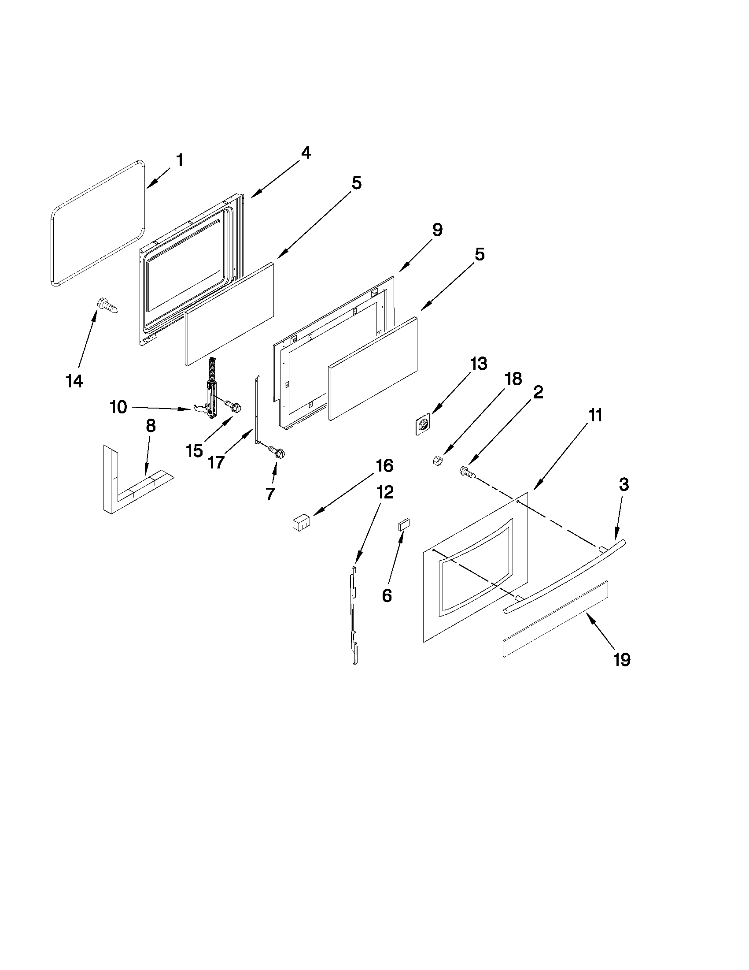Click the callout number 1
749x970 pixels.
coord(180,160)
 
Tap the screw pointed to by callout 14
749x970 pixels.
coord(108,306)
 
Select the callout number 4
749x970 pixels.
coord(305,153)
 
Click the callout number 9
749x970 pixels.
coord(437,230)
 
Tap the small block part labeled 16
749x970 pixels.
coord(300,523)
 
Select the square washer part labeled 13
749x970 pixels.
coord(423,424)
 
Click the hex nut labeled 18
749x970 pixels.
coord(436,461)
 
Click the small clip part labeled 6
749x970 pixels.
coord(403,524)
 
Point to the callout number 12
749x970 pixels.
coord(385,492)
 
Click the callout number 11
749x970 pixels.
coord(595,416)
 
